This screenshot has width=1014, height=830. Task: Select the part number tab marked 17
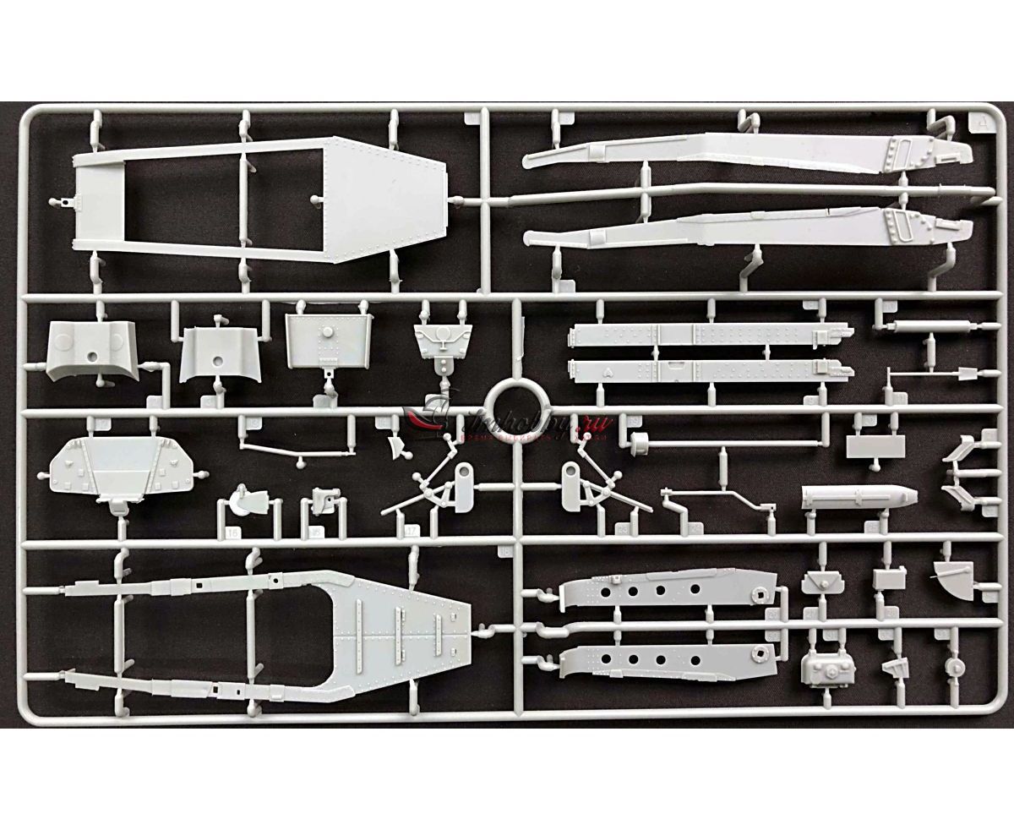[412, 532]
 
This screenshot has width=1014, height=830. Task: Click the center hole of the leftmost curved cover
[91, 358]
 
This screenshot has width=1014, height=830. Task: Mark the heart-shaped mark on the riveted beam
[608, 369]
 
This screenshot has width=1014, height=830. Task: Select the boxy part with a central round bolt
[830, 670]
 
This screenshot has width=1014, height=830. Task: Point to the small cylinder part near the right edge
[955, 665]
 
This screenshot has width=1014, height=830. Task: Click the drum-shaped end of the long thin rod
[640, 440]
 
